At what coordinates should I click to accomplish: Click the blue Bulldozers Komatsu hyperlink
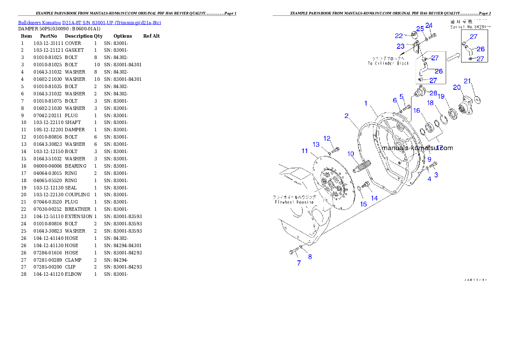click(89, 23)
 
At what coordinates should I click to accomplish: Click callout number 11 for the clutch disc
click(305, 151)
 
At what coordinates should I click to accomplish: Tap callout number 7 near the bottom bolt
click(299, 263)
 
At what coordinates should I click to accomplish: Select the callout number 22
click(399, 36)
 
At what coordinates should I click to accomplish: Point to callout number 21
click(468, 81)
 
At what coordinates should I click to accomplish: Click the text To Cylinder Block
click(388, 63)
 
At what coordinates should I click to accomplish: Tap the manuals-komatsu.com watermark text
click(417, 148)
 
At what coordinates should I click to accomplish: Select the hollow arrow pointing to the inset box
click(453, 55)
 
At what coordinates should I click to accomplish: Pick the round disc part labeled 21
click(477, 99)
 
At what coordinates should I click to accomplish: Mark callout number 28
click(433, 93)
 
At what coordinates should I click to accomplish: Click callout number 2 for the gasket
click(346, 116)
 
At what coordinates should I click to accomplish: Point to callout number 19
click(441, 96)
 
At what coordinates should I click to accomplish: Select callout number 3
click(436, 175)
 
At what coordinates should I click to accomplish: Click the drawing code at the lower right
click(476, 280)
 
